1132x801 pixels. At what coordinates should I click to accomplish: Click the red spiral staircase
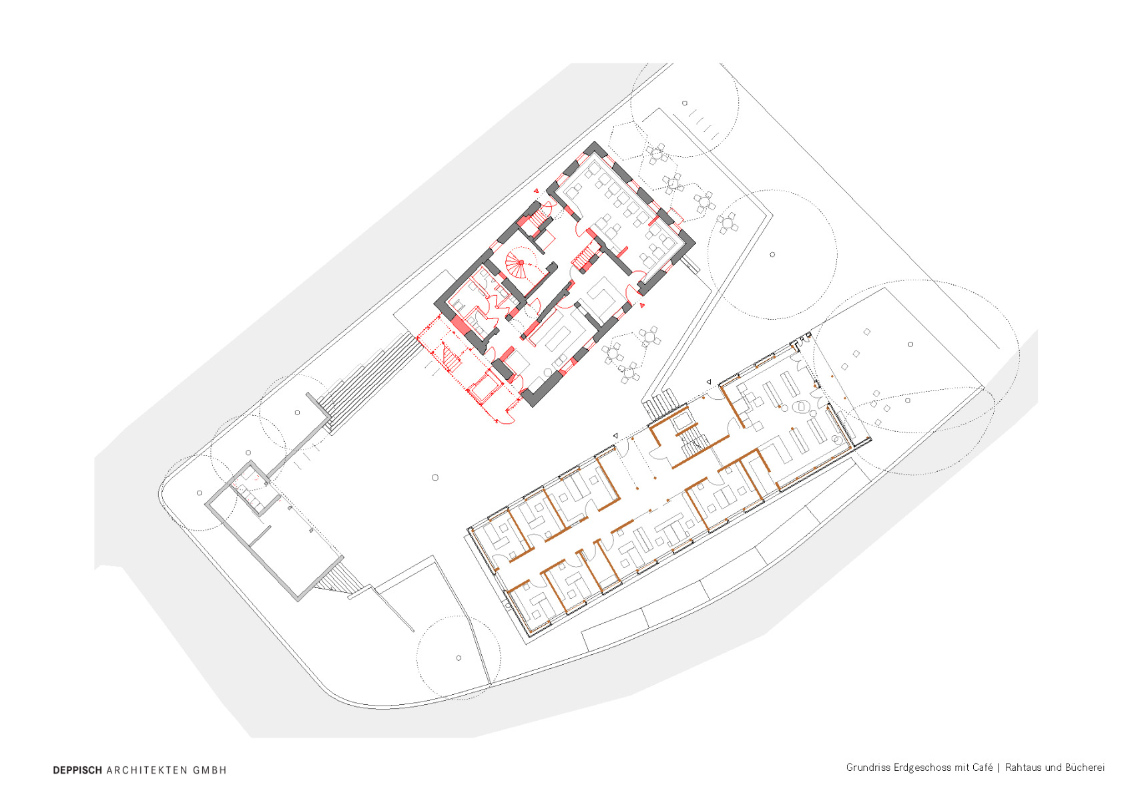[519, 262]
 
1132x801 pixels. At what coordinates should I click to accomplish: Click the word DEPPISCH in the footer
[77, 770]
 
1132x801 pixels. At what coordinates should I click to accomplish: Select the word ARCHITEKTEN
[147, 770]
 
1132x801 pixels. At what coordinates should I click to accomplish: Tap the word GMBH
[210, 770]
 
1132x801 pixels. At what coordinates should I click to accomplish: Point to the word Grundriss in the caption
[868, 768]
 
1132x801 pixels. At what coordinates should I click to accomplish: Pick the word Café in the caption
[982, 768]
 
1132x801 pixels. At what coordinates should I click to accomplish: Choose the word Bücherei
[1086, 768]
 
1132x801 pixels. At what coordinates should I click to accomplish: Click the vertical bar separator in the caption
[999, 768]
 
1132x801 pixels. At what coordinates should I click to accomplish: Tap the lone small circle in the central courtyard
[435, 477]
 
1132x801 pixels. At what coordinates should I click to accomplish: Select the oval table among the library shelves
[800, 405]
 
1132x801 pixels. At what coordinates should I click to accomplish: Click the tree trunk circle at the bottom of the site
[459, 657]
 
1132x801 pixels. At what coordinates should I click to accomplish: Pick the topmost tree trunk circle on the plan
[685, 103]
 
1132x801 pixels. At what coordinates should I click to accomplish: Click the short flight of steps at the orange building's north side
[661, 404]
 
